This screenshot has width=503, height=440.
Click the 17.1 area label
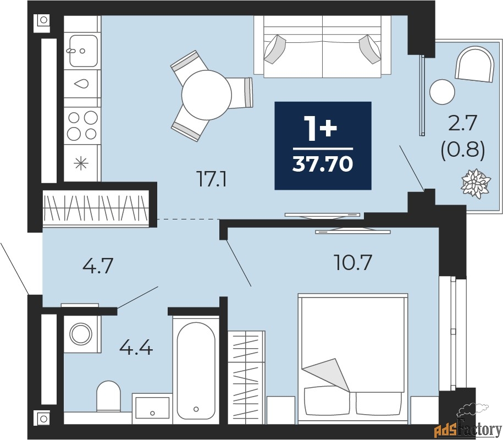pyautogui.click(x=212, y=179)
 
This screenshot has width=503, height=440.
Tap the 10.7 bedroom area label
pyautogui.click(x=352, y=262)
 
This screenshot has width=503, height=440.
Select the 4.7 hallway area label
pyautogui.click(x=98, y=266)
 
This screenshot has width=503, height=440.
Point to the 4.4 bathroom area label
pyautogui.click(x=136, y=348)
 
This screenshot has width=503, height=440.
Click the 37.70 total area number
pyautogui.click(x=323, y=164)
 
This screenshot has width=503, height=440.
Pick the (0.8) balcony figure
pyautogui.click(x=462, y=151)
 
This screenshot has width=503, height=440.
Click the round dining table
pyautogui.click(x=207, y=95)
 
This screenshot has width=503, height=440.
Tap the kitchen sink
pyautogui.click(x=83, y=51)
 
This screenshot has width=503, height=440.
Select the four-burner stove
pyautogui.click(x=82, y=125)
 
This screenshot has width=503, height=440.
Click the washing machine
pyautogui.click(x=81, y=334)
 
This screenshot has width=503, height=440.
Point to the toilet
pyautogui.click(x=108, y=396)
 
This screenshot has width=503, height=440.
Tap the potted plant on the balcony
pyautogui.click(x=476, y=184)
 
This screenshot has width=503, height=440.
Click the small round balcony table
pyautogui.click(x=442, y=92)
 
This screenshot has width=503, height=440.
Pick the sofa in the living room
pyautogui.click(x=322, y=47)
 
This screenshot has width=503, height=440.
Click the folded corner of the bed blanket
pyautogui.click(x=327, y=374)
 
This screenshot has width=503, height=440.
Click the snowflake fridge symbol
pyautogui.click(x=81, y=163)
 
